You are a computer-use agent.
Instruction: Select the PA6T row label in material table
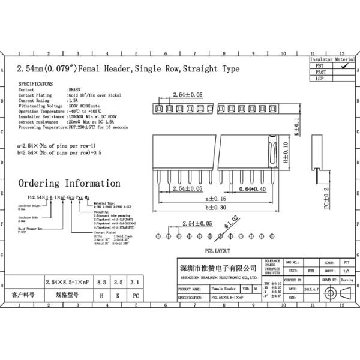click(x=320, y=73)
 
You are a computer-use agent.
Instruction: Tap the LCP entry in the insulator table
click(x=320, y=79)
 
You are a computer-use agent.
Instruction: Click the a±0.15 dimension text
click(x=217, y=198)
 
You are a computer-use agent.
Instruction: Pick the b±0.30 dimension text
click(x=217, y=207)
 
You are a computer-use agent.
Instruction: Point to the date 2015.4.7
click(x=312, y=289)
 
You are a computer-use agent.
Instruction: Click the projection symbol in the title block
click(x=334, y=293)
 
